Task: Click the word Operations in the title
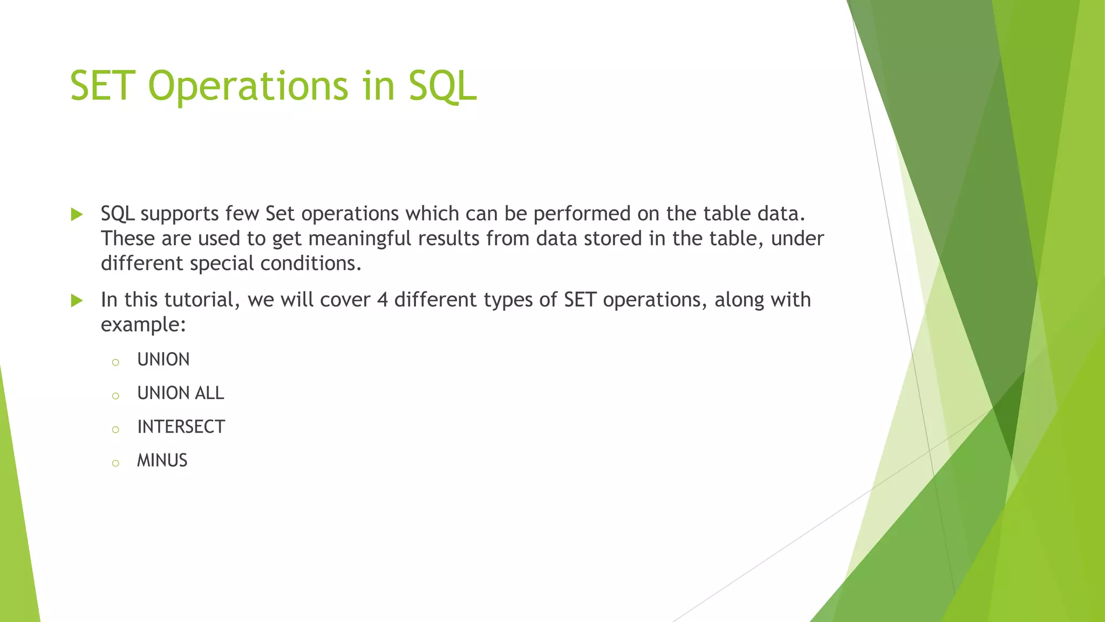click(248, 86)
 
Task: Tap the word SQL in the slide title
click(442, 86)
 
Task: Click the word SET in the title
click(102, 86)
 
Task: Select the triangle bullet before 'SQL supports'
click(77, 215)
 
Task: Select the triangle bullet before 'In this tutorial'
click(77, 301)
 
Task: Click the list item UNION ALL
click(180, 393)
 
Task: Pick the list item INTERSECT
click(181, 427)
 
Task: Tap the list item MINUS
click(162, 461)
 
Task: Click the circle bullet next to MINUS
click(115, 463)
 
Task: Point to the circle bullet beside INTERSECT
click(115, 430)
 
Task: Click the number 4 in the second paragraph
click(383, 300)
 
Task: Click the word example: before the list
click(143, 324)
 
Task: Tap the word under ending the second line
click(797, 239)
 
